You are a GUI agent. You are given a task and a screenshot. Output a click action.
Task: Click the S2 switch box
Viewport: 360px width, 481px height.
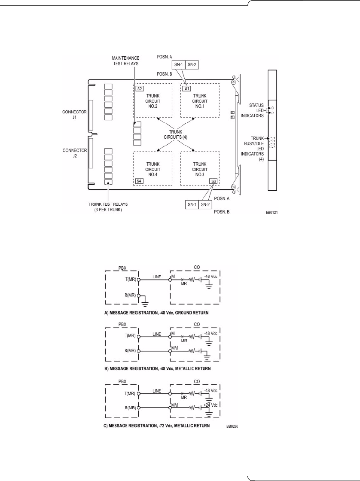pos(139,88)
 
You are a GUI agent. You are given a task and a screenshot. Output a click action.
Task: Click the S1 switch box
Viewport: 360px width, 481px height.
pos(186,88)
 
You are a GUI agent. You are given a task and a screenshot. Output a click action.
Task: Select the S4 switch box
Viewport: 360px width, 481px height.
pos(139,181)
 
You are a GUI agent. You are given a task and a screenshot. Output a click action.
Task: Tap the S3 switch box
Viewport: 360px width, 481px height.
pos(213,181)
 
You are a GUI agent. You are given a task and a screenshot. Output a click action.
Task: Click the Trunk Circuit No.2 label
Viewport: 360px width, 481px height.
pos(153,100)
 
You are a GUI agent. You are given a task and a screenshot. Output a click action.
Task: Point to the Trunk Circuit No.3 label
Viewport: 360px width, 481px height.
pos(199,169)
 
